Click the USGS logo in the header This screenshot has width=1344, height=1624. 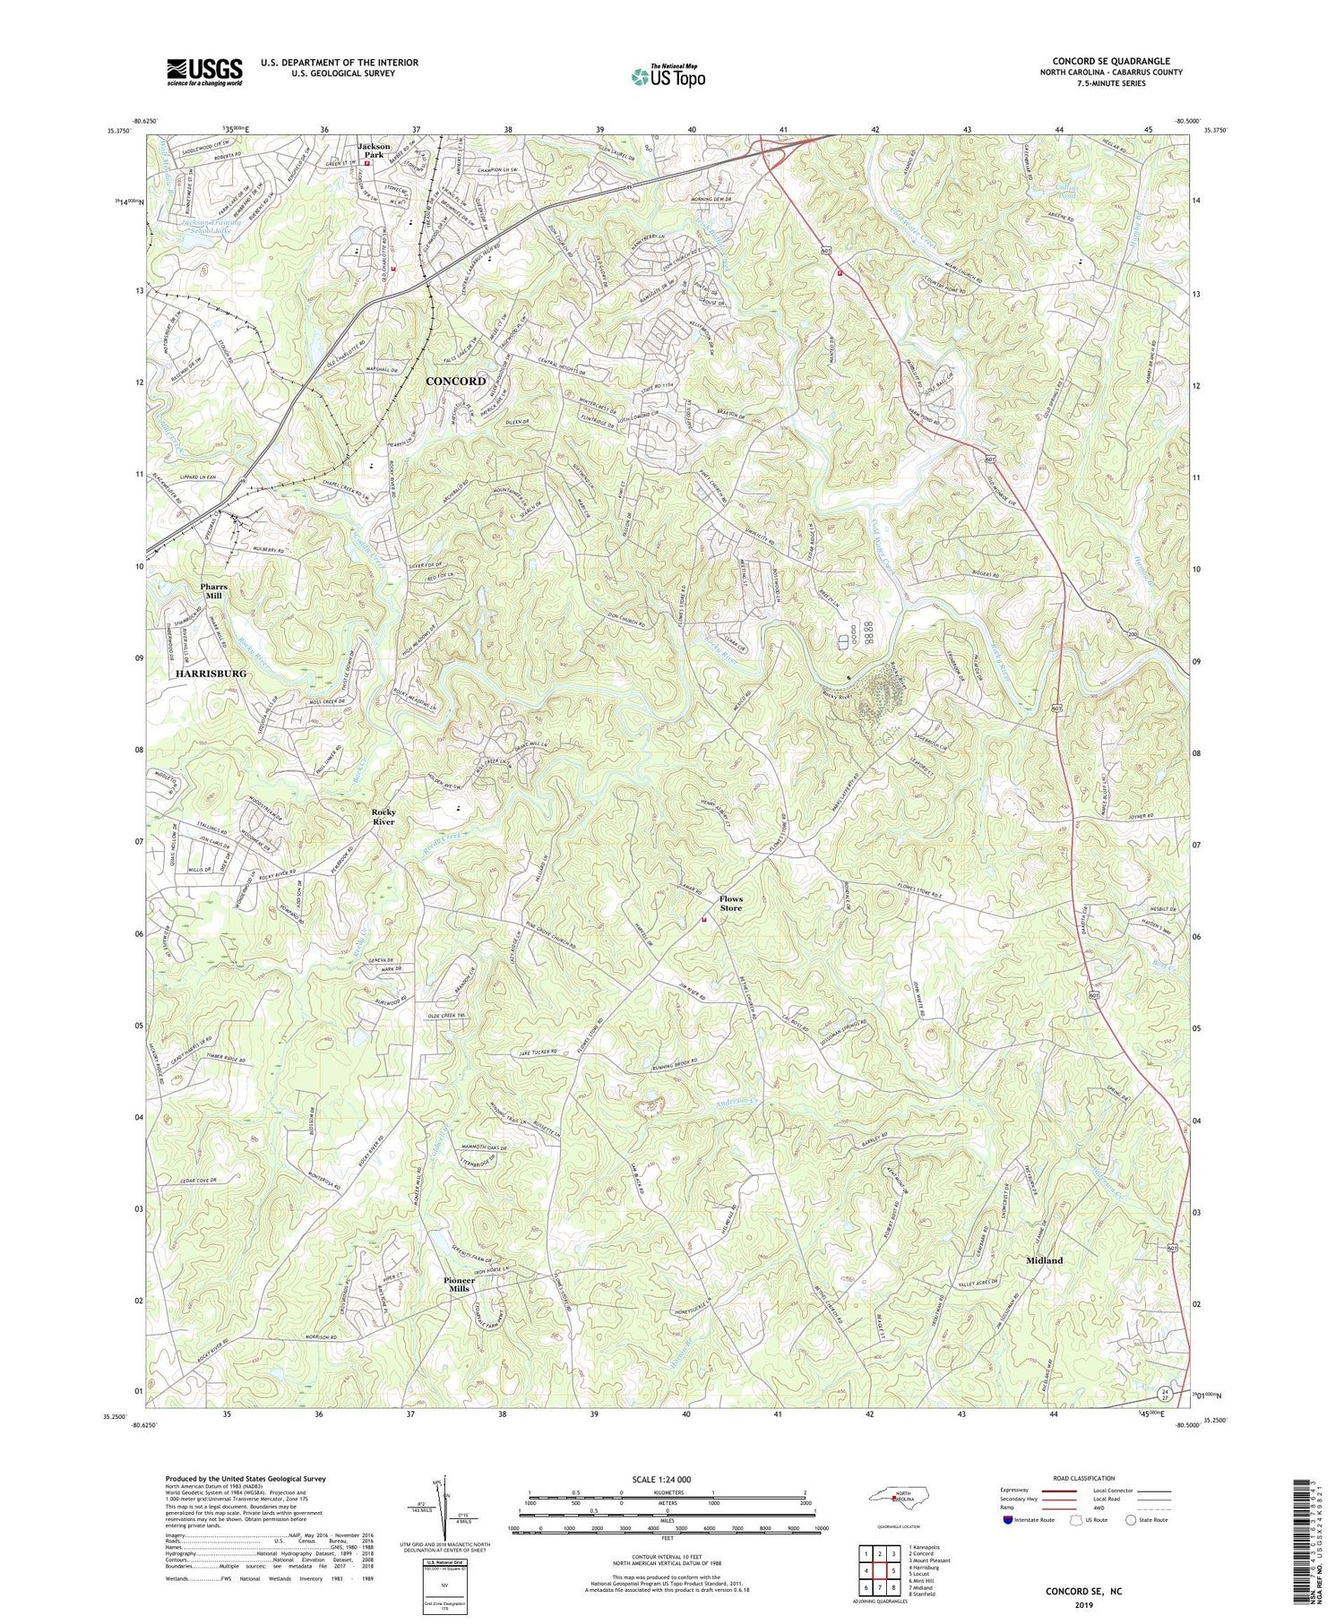click(x=204, y=72)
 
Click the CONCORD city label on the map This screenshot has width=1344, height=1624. click(x=455, y=381)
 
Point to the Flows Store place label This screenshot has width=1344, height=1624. click(x=731, y=903)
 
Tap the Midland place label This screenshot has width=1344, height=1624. click(x=1044, y=1260)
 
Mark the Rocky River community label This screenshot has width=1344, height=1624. click(x=383, y=816)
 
